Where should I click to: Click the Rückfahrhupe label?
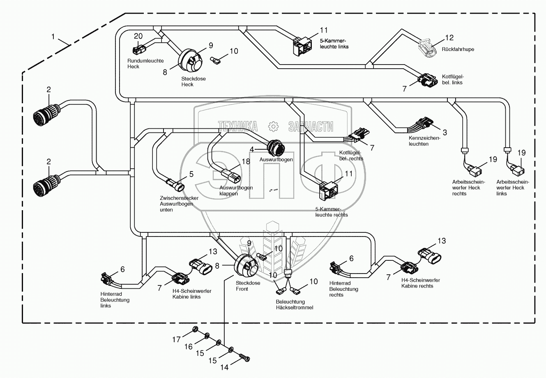458,49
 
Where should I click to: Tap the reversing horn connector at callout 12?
428,48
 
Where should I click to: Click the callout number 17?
176,339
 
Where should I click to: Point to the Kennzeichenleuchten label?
424,141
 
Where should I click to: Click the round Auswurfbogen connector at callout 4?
276,148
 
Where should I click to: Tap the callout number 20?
138,36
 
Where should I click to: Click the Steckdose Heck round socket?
190,60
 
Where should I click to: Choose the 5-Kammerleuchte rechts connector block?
329,191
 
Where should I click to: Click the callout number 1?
53,37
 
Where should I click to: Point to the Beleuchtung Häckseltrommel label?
295,305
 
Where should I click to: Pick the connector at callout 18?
231,175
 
